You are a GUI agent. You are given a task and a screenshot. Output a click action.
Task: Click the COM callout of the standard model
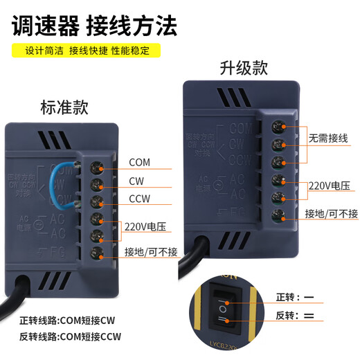[139, 163]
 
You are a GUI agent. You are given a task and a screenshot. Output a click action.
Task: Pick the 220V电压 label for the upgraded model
[327, 186]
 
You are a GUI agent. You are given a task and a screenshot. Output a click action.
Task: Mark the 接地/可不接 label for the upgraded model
[332, 213]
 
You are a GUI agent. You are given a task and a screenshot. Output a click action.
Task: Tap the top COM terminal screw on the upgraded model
[278, 127]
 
